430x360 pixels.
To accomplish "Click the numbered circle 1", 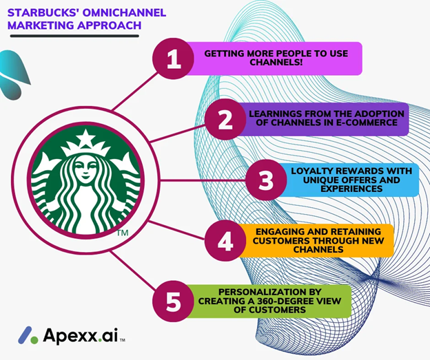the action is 174,59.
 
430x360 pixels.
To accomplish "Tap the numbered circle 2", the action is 225,120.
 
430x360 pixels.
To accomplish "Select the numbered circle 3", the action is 266,180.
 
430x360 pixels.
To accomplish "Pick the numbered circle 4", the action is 225,240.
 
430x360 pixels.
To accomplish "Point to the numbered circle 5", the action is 174,301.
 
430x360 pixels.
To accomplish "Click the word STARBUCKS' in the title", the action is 43,12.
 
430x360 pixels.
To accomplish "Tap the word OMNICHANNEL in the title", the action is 124,12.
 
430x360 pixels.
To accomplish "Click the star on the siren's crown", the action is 86,138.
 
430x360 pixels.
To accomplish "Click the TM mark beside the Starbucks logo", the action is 122,233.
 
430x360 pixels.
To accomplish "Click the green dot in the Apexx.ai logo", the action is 34,340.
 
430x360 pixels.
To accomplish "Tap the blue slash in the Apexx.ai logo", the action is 25,335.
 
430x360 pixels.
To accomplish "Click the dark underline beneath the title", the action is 74,36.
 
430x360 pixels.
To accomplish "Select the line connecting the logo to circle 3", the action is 203,180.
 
